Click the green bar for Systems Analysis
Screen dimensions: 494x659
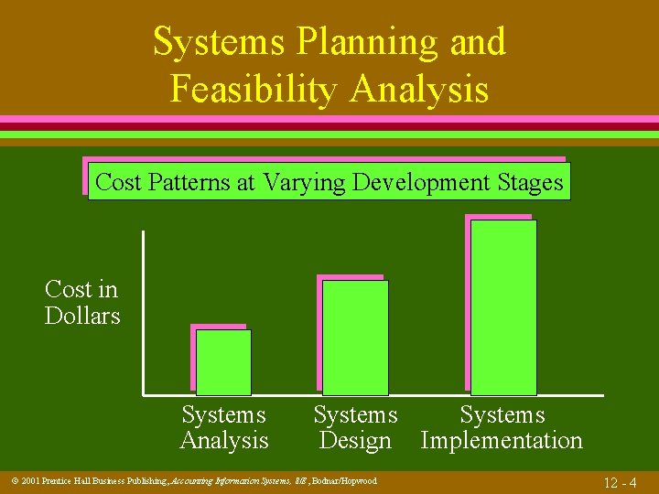click(223, 361)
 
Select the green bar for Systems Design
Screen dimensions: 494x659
click(355, 337)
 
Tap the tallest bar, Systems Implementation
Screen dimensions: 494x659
click(503, 307)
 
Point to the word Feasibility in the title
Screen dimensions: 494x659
click(254, 90)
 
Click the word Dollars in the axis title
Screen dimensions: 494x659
click(82, 317)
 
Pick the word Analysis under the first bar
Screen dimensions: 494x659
click(224, 441)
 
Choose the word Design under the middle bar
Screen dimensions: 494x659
click(355, 441)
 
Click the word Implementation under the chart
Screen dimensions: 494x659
click(502, 441)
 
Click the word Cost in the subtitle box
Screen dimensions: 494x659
click(116, 182)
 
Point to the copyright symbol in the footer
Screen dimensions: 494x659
click(12, 481)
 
